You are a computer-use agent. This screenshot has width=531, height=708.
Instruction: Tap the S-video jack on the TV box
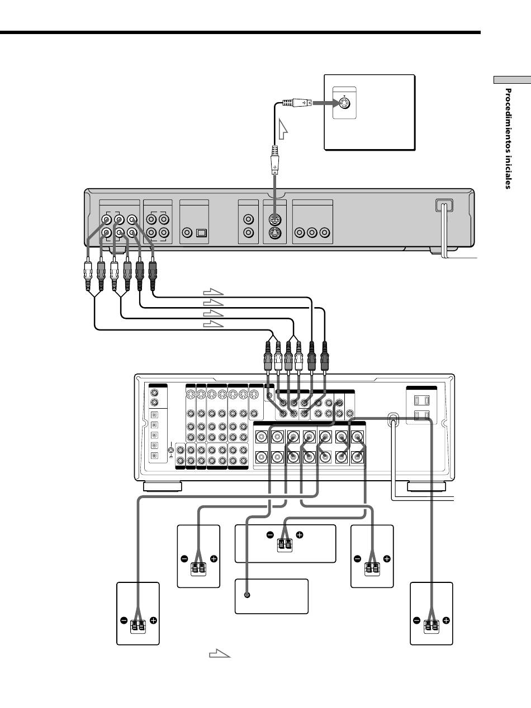(345, 103)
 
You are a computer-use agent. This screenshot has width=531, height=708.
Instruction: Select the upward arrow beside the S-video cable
(283, 129)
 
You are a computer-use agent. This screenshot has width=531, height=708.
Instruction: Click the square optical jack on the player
(201, 233)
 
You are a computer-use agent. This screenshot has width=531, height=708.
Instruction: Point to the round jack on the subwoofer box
(247, 595)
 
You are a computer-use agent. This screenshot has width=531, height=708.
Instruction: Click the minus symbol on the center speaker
(270, 535)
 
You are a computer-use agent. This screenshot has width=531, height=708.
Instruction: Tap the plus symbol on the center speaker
(300, 535)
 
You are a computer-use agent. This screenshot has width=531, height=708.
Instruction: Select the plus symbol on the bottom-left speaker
(153, 620)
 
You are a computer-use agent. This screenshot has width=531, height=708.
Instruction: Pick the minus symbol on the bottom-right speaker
(417, 620)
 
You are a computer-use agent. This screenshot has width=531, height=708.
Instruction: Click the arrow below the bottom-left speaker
(220, 653)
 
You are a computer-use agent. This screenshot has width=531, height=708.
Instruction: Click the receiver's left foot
(162, 486)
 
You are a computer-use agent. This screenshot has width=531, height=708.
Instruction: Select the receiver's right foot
(426, 486)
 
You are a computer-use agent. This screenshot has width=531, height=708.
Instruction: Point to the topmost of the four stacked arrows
(213, 292)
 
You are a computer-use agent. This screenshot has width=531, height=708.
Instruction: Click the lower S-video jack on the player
(274, 233)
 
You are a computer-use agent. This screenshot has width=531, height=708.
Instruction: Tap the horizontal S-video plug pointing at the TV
(297, 103)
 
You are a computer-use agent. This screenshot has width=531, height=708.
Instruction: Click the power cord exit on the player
(444, 205)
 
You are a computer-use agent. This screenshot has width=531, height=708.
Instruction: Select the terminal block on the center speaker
(285, 546)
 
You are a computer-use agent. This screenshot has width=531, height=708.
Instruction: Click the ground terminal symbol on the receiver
(171, 450)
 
